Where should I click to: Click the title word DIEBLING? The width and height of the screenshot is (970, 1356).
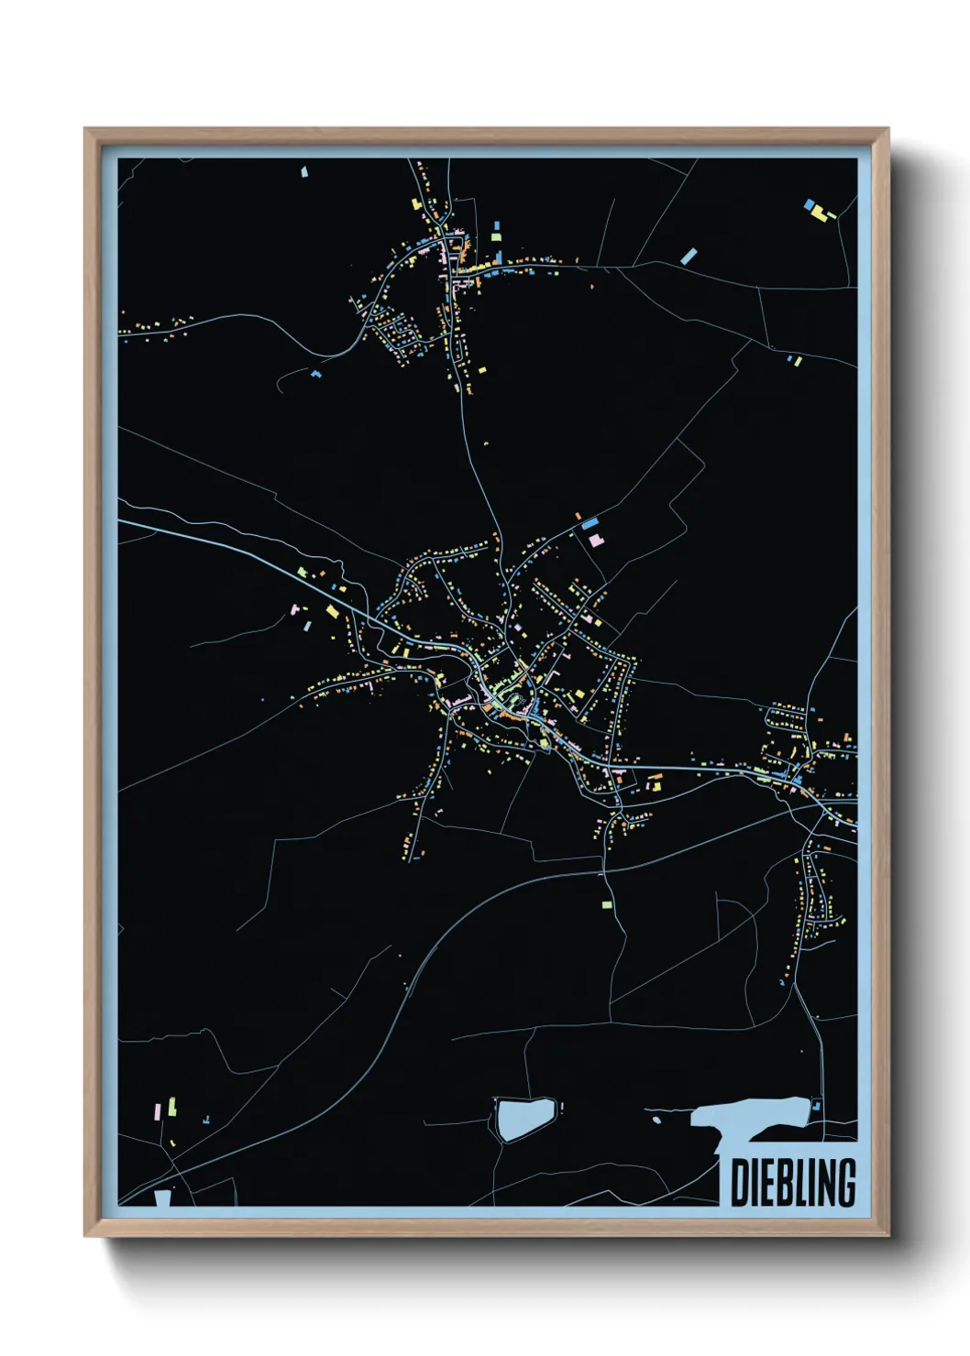(793, 1183)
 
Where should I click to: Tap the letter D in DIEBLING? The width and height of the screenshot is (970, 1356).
(738, 1183)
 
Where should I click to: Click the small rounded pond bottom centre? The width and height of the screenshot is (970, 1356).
(524, 1118)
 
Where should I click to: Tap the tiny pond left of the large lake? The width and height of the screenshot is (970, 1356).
(656, 1119)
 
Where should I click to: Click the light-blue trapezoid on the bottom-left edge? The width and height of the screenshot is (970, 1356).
(163, 1197)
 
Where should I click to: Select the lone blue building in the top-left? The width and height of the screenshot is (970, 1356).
(304, 170)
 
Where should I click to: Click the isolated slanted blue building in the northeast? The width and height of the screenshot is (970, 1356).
(689, 257)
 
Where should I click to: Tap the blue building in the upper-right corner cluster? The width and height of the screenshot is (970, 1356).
(809, 205)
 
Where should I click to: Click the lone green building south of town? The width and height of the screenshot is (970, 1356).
(606, 905)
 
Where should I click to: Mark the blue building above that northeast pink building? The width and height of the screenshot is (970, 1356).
(590, 523)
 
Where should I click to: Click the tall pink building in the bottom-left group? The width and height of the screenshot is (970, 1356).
(157, 1111)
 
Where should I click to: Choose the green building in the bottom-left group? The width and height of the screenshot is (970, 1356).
(171, 1107)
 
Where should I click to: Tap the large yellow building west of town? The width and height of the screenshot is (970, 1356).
(332, 610)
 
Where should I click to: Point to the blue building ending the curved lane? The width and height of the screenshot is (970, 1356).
(316, 374)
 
